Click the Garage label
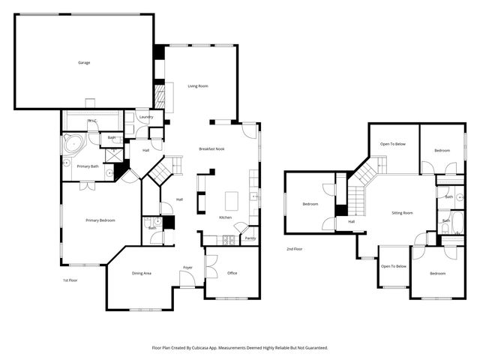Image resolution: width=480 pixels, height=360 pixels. pos(84,62)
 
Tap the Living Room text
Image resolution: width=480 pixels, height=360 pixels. pos(198,86)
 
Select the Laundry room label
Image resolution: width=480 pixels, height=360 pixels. pos(147,117)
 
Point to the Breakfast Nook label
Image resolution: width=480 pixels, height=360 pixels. pos(212,149)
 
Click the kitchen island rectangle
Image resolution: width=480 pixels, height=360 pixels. pos(231,200)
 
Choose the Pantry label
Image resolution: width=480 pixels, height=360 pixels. pos(250,238)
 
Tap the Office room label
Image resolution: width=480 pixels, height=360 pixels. pos(232,273)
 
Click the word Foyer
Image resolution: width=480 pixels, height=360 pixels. pos(187,268)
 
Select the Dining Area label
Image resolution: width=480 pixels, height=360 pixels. pos(142,273)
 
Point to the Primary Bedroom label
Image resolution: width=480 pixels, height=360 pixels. pos(100,220)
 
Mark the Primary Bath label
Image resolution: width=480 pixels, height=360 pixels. pos(88,166)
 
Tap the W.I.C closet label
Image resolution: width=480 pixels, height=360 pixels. pos(92,121)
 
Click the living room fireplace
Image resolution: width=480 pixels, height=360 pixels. pos(159,95)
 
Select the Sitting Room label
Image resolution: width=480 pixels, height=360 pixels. pos(402,213)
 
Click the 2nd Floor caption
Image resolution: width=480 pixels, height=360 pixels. pos(294,249)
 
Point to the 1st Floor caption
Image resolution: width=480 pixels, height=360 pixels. pos(70,280)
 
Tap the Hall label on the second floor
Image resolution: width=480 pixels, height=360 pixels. pos(351,222)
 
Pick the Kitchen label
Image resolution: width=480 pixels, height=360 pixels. pos(225,217)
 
